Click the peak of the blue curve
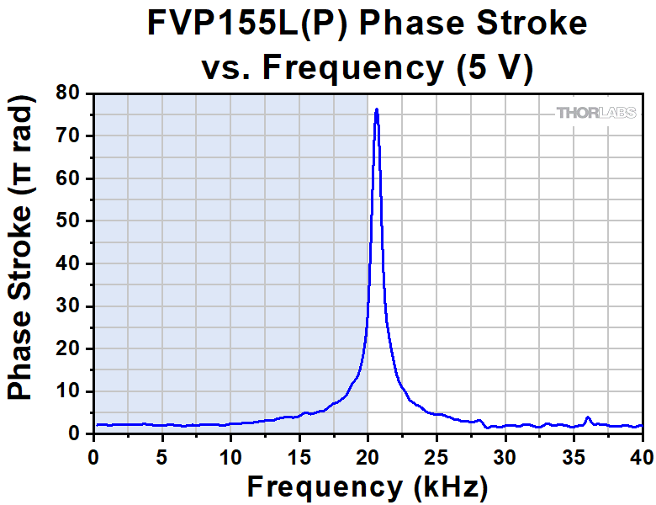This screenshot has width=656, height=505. click(377, 109)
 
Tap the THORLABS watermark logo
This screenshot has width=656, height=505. click(595, 112)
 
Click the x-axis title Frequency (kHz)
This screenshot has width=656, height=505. click(367, 486)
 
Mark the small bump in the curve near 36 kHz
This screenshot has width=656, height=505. click(588, 417)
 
